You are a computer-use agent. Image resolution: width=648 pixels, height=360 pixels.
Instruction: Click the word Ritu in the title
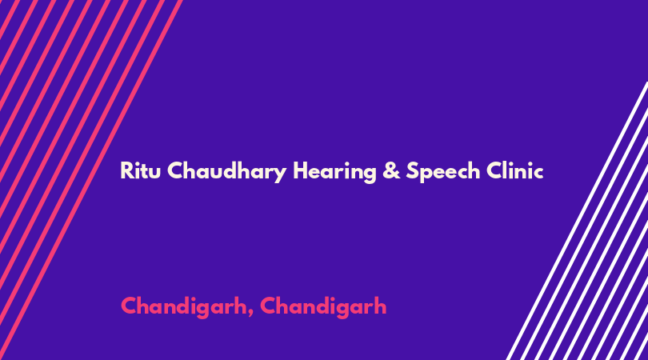pos(140,170)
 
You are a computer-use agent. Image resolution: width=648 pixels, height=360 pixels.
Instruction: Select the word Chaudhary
pos(227,171)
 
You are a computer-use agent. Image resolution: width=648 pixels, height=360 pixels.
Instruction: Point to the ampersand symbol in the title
pos(391,170)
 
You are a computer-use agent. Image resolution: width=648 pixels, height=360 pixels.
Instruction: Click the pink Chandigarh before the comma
pos(183,307)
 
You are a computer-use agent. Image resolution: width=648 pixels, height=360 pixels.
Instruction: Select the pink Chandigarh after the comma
pos(323,307)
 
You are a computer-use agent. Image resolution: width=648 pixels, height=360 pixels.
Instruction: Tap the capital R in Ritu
pos(126,170)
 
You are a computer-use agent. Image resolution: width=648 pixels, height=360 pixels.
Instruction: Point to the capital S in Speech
pos(413,170)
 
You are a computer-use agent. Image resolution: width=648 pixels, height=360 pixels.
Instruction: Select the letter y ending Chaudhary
pos(281,174)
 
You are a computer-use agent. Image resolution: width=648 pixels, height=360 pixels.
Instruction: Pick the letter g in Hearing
pos(370,174)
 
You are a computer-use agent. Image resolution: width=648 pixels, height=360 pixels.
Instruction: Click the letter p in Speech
pos(427,174)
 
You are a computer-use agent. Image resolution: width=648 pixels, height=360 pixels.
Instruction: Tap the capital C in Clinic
pos(494,170)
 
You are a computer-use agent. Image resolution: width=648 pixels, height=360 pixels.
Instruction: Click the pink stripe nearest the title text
pos(90,180)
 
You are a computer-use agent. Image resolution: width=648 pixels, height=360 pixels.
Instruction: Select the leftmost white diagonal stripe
pos(578,221)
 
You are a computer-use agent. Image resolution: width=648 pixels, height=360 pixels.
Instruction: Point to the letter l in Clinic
pos(507,170)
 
